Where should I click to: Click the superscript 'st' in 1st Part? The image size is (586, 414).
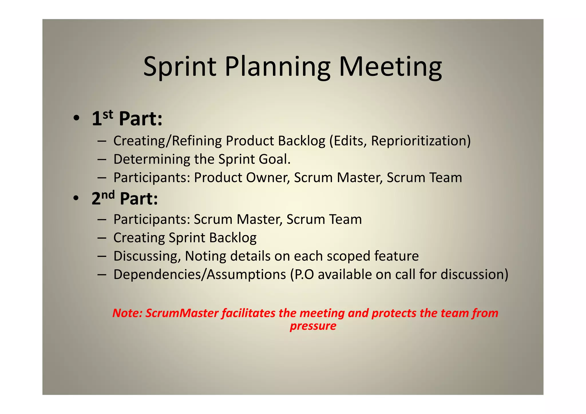(x=108, y=114)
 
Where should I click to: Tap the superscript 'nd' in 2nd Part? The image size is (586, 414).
(x=108, y=195)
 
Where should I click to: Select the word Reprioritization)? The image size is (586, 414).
(x=421, y=141)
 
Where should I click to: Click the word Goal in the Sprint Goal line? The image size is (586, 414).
(x=274, y=159)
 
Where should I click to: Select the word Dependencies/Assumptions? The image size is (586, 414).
(x=199, y=274)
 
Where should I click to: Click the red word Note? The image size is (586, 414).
(x=127, y=313)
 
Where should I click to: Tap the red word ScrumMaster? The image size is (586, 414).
(x=182, y=313)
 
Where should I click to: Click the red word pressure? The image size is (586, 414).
(x=313, y=326)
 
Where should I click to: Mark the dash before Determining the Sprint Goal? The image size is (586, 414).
(x=102, y=159)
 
